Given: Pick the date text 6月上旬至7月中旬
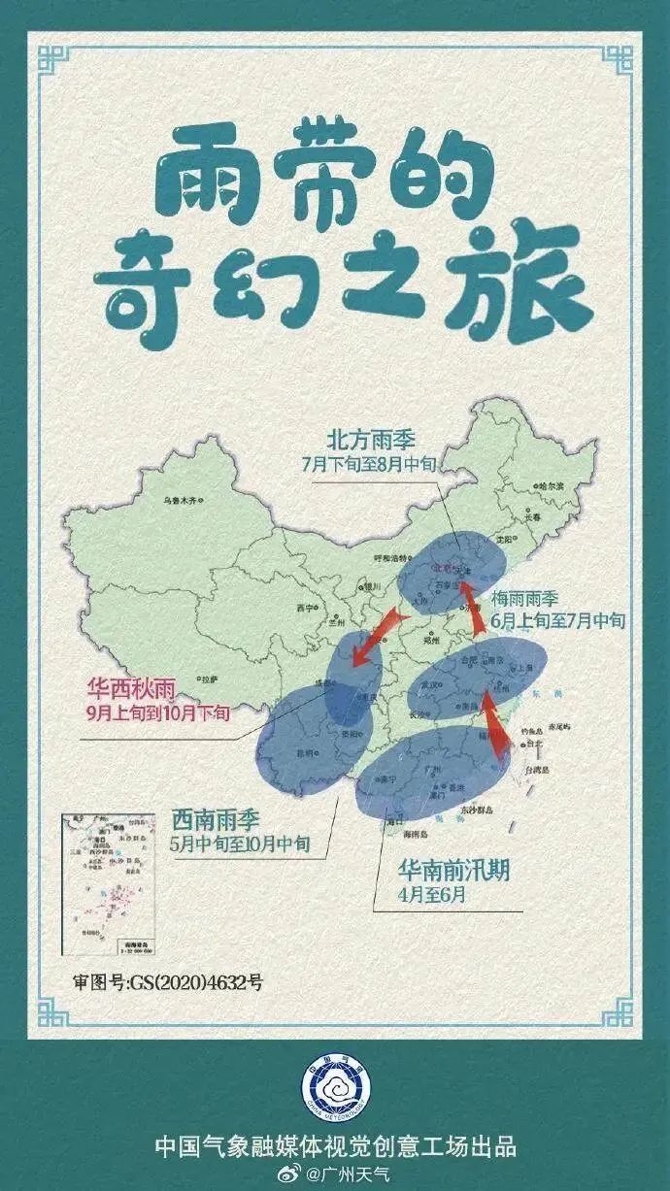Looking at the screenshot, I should (x=557, y=619).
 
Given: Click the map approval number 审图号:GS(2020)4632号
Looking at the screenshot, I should (x=168, y=982).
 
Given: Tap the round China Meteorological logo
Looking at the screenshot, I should (x=334, y=1092).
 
